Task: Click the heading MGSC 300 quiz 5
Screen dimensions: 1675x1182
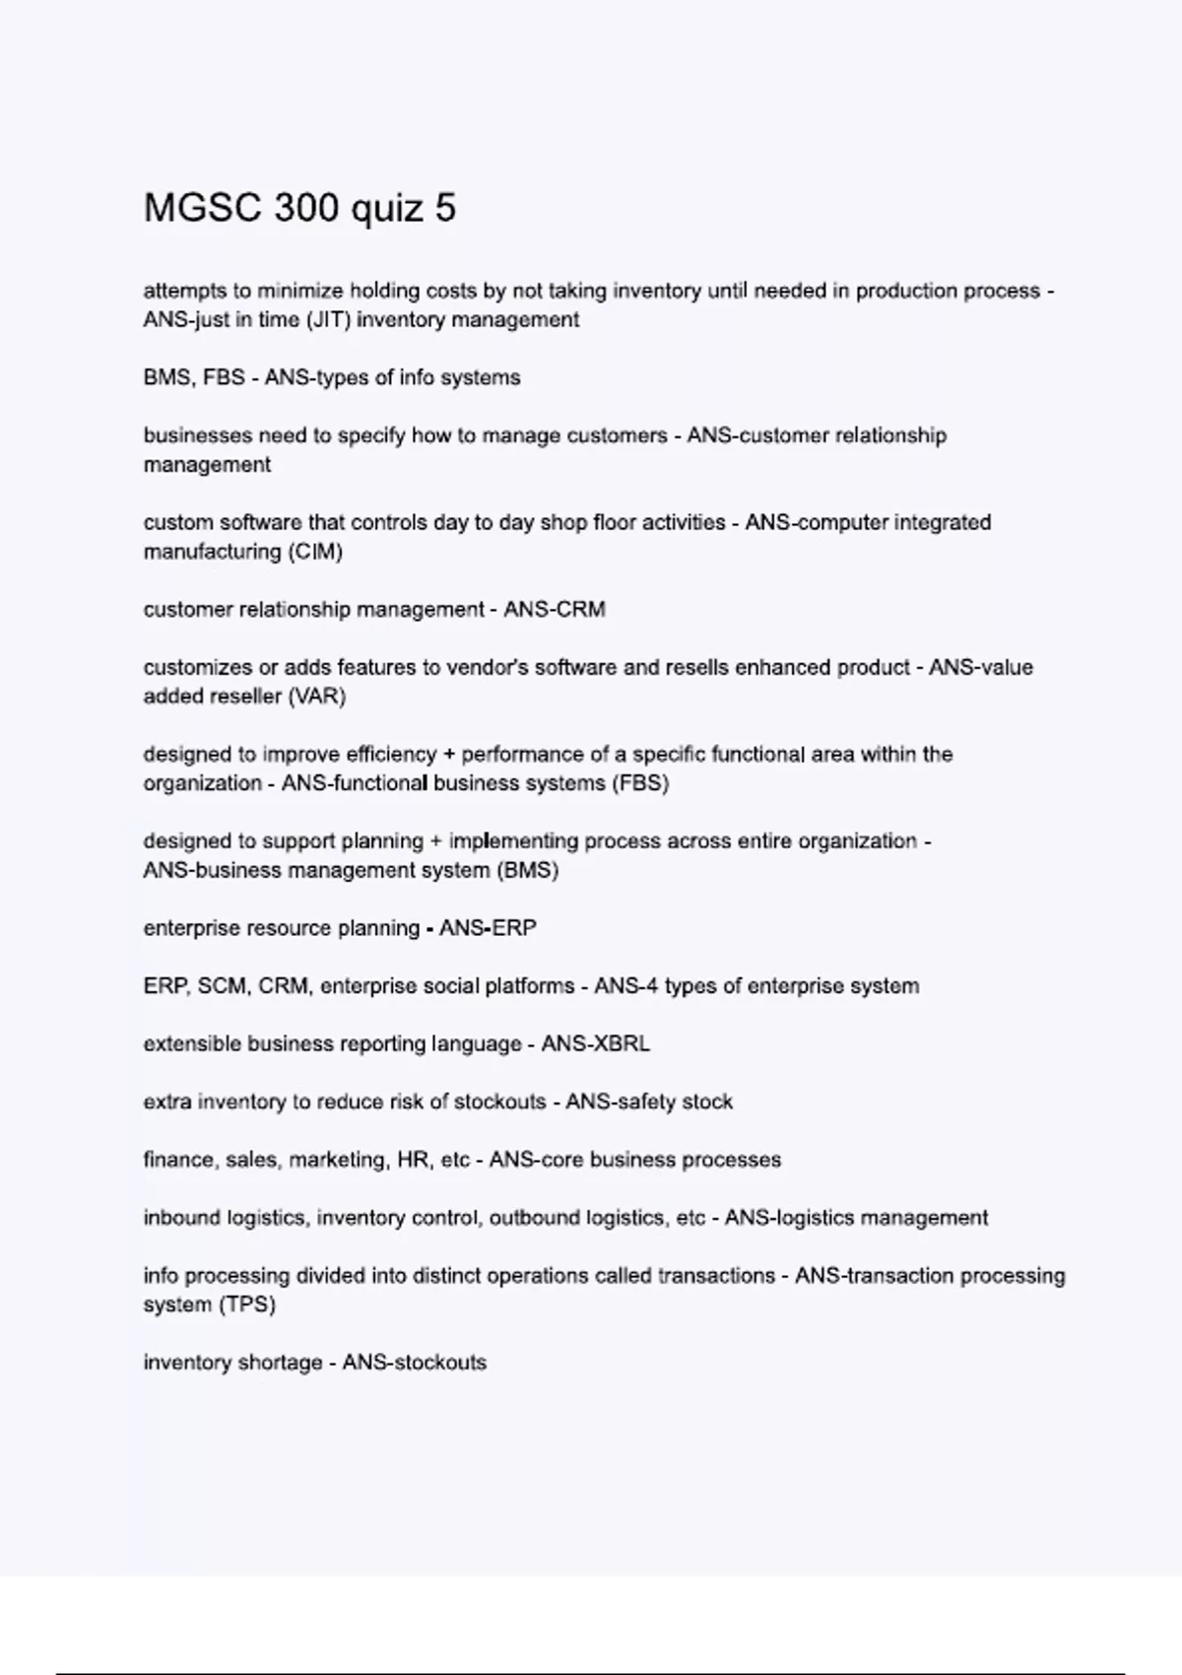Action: pos(299,208)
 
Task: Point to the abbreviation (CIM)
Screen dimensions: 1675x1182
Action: pos(315,552)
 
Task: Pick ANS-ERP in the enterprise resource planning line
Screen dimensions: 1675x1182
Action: pos(488,928)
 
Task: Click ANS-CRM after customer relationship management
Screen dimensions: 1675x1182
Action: pos(554,610)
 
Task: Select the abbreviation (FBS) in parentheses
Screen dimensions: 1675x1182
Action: pos(639,783)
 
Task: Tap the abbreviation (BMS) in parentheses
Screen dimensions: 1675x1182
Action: pos(528,871)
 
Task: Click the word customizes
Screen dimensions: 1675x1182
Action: pos(197,667)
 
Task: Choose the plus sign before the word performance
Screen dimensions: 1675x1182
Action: pos(449,755)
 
